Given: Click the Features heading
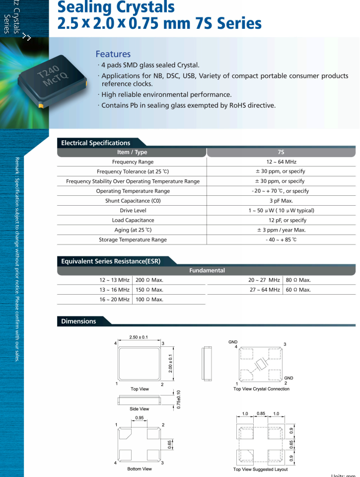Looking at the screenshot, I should tap(113, 54).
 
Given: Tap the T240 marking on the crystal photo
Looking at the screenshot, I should tap(48, 73).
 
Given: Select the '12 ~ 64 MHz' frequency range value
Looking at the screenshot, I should tap(281, 162).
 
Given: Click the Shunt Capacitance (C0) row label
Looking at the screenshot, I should tap(133, 201).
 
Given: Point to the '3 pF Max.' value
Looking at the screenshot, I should tap(281, 201).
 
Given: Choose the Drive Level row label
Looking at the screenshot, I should tap(133, 211).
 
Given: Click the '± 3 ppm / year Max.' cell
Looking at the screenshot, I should tap(281, 230).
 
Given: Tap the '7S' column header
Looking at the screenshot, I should tap(281, 153).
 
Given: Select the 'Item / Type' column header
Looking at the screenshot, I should tap(132, 153).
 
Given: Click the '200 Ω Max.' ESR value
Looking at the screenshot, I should tap(149, 280).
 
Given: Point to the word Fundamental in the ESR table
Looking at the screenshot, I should tap(207, 270).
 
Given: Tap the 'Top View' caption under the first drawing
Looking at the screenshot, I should tap(140, 389).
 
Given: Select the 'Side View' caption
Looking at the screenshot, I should tap(140, 409).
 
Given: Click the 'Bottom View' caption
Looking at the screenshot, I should tap(140, 469).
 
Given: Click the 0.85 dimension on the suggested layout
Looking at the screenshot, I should tap(261, 413).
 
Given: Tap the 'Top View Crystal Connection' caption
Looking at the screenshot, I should tap(261, 389).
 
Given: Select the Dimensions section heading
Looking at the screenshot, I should tap(78, 321).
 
